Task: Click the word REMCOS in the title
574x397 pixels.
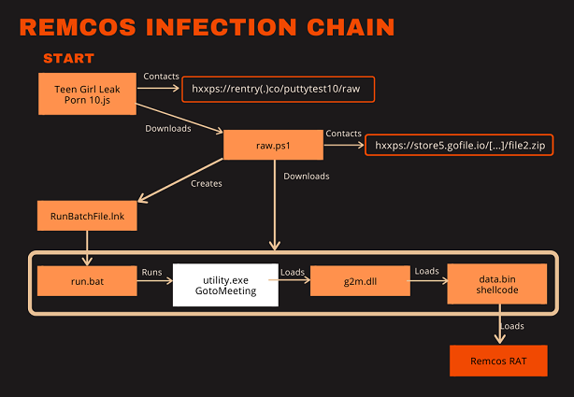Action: (78, 27)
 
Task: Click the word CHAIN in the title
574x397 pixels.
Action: (351, 27)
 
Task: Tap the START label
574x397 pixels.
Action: (69, 58)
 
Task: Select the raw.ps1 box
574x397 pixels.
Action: (273, 145)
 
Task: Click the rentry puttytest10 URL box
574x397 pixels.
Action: (279, 89)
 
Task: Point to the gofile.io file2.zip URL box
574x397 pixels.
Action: (459, 145)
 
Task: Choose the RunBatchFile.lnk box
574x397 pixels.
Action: (87, 216)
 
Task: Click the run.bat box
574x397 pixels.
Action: (87, 281)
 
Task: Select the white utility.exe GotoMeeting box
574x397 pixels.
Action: (225, 285)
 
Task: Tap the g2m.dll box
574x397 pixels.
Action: (360, 281)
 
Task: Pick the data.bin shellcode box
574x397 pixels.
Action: (497, 284)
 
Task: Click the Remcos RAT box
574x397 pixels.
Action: (498, 361)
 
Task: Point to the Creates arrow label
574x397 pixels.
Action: (207, 183)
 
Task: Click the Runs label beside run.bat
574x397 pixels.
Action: (152, 272)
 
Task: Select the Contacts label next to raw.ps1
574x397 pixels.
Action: (344, 134)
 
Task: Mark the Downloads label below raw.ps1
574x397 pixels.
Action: (307, 177)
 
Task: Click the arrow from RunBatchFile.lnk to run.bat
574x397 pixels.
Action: (87, 248)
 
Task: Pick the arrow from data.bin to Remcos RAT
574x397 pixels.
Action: (500, 324)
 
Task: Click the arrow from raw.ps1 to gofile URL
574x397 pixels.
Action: (344, 146)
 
